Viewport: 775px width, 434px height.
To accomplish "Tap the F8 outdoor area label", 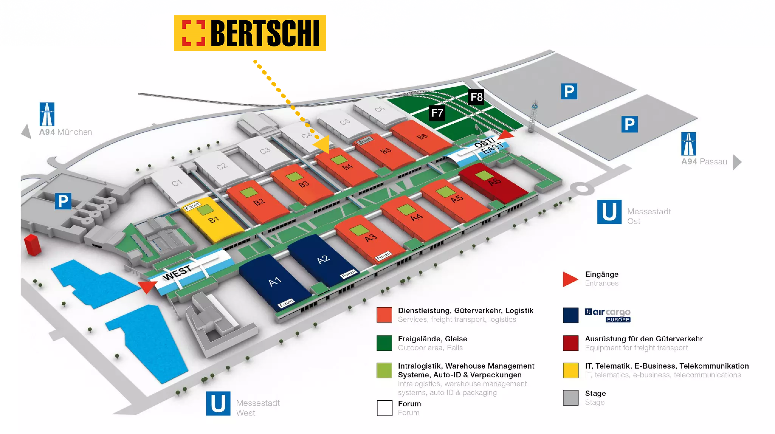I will pos(476,97).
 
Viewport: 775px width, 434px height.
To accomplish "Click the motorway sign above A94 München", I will pos(47,114).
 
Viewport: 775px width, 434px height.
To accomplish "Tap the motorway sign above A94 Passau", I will pos(688,144).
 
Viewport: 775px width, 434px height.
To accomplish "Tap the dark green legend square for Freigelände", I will pos(384,343).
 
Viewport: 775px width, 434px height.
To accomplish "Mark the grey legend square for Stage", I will pos(570,398).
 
